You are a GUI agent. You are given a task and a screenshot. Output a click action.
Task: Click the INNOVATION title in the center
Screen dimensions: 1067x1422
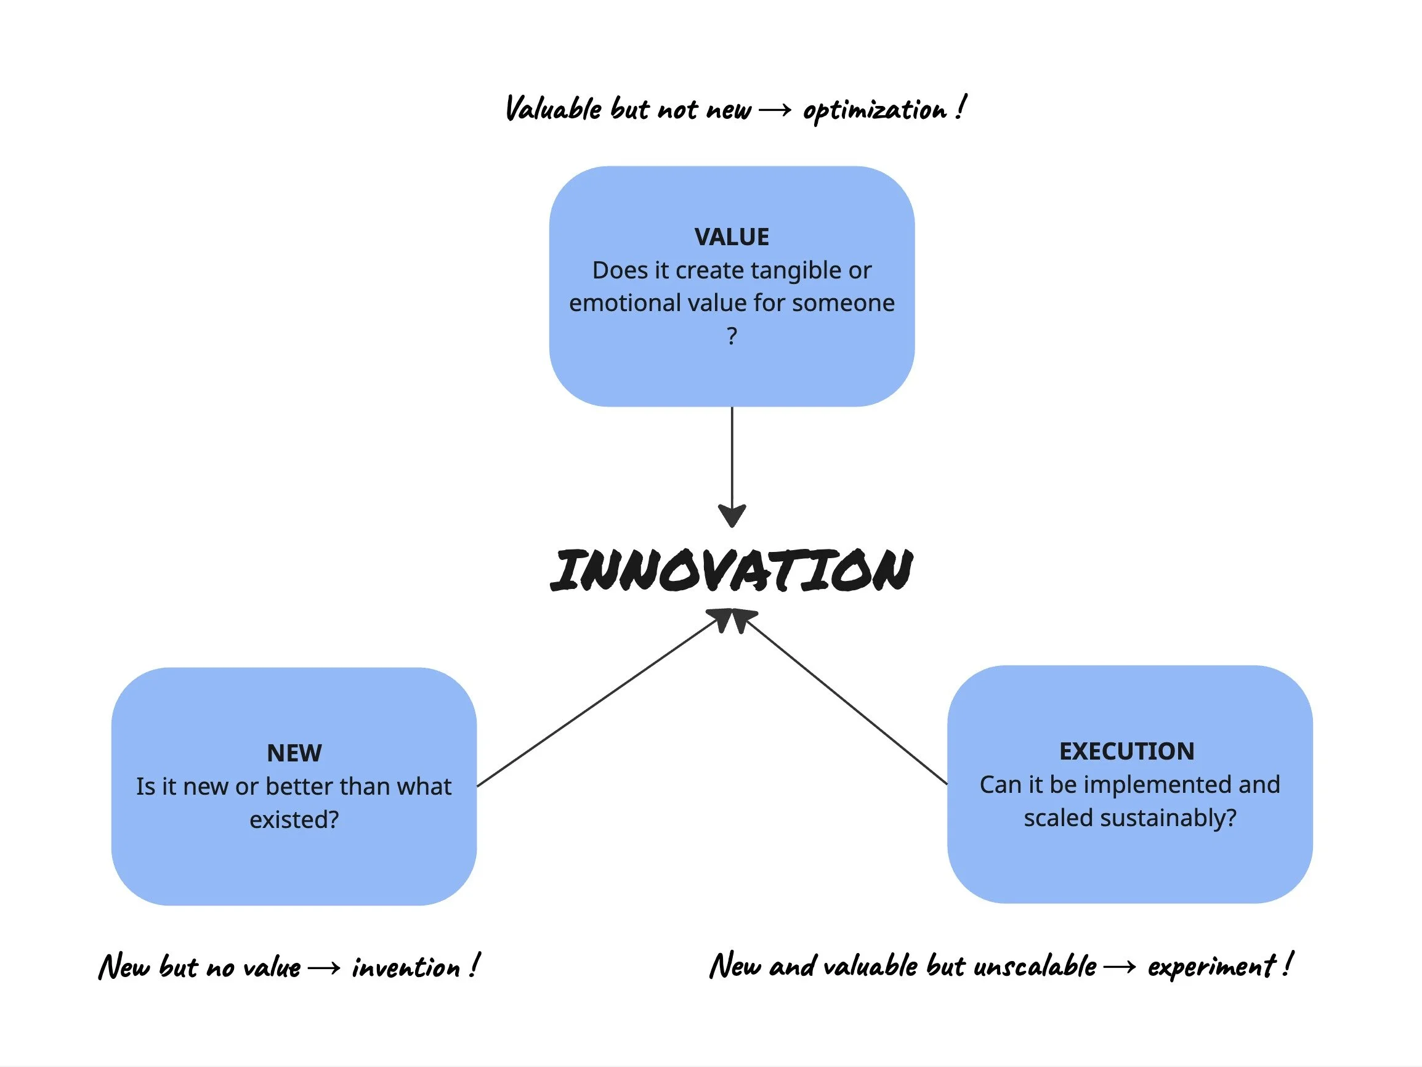point(732,570)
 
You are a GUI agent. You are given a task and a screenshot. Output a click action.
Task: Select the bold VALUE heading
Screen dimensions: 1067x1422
point(732,237)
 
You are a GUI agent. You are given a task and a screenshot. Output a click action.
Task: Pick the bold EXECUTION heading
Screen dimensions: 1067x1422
point(1126,751)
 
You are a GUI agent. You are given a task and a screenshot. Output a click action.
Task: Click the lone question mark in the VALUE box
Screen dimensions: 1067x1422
point(732,336)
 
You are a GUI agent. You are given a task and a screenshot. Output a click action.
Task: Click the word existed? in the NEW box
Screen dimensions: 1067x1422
point(294,820)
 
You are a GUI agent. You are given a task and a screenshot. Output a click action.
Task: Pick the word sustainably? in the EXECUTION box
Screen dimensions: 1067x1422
point(1168,818)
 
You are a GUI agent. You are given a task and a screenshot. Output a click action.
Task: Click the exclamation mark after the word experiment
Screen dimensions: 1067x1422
point(1287,965)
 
